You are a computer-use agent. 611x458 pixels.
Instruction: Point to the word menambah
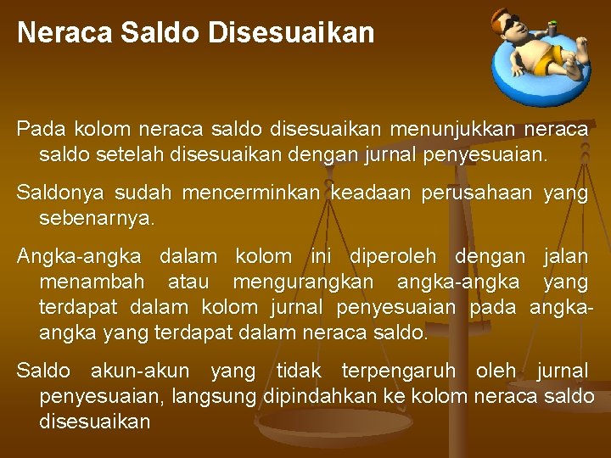[92, 281]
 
